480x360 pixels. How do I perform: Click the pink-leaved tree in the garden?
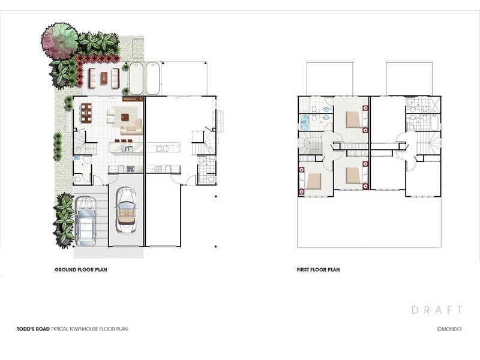click(59, 40)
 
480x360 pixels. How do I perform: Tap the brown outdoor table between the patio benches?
click(104, 79)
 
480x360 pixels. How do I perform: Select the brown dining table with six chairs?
click(86, 113)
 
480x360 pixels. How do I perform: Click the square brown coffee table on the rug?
click(125, 117)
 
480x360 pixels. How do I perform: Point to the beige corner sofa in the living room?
click(133, 128)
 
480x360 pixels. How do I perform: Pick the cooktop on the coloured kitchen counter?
click(131, 169)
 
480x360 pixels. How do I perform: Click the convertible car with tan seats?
click(126, 211)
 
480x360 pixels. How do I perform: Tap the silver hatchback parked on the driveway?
click(85, 221)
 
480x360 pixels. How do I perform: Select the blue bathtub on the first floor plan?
click(304, 123)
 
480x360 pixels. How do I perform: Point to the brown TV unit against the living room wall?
click(133, 98)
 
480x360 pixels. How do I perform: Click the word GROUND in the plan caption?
click(65, 269)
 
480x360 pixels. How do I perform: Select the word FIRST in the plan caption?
click(303, 269)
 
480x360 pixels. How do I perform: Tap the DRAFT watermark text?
click(437, 310)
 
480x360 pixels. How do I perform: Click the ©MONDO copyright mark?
click(449, 329)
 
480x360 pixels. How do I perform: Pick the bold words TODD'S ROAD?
click(33, 329)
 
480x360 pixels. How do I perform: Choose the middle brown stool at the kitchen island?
click(124, 141)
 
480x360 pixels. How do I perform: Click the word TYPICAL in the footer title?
click(59, 329)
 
